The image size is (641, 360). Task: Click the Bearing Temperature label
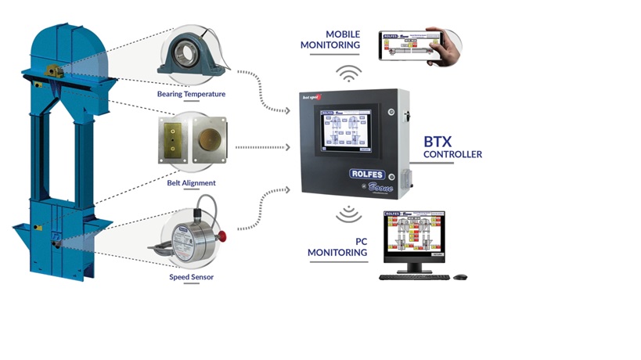(x=191, y=95)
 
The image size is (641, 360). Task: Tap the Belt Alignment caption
(x=191, y=183)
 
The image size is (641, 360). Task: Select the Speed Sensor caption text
(x=191, y=276)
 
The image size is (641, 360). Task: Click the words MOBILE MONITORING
(x=330, y=40)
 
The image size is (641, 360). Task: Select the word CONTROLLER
(x=452, y=155)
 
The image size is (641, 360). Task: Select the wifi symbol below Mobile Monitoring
(x=349, y=74)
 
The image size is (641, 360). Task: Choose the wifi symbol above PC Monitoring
(x=345, y=214)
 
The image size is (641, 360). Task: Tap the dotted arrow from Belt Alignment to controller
(x=262, y=146)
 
